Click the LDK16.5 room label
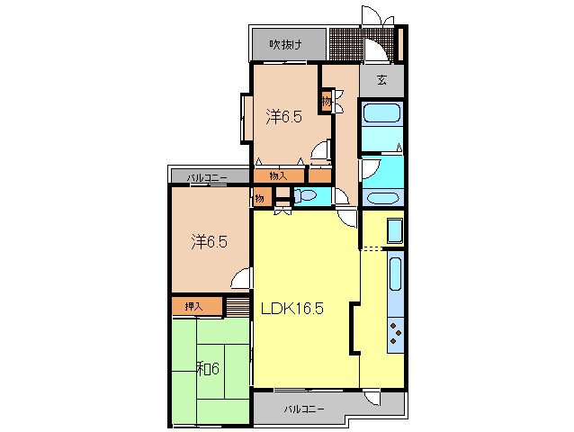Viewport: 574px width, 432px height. [x=291, y=309]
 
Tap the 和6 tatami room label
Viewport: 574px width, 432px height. [x=208, y=369]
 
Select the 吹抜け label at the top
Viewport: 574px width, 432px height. [x=285, y=45]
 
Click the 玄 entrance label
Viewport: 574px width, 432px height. [x=381, y=80]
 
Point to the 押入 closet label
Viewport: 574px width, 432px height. [x=193, y=306]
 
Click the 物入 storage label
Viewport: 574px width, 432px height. [x=278, y=176]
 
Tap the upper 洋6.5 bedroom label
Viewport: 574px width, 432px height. [x=283, y=117]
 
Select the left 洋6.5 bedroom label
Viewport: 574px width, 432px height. [x=210, y=242]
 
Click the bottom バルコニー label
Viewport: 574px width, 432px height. [x=304, y=409]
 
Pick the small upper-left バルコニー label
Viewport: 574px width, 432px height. [x=207, y=178]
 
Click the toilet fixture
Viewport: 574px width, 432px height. [x=305, y=195]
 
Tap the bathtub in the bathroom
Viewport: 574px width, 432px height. [x=381, y=112]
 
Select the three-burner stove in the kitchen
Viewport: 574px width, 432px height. [x=396, y=333]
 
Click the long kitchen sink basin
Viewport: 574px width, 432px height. [x=395, y=273]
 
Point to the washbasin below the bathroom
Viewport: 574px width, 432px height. [x=382, y=198]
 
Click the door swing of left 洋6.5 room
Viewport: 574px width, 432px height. [x=242, y=278]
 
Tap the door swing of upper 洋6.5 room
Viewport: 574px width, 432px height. [x=321, y=150]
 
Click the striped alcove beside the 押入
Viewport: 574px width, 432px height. [x=238, y=306]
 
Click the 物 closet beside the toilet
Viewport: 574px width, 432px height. [x=260, y=198]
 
